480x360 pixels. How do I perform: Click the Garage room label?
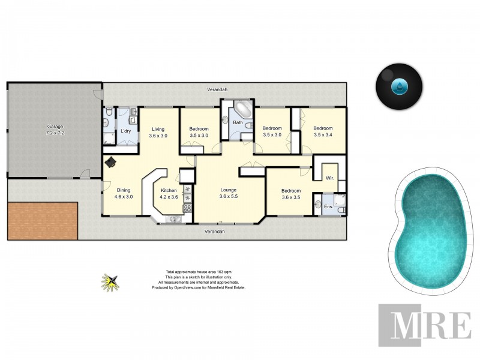click(x=55, y=130)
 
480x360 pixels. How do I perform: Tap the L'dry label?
click(x=126, y=131)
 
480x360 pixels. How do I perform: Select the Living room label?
click(x=158, y=133)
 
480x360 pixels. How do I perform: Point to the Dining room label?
click(x=124, y=193)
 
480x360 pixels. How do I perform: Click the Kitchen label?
click(x=169, y=193)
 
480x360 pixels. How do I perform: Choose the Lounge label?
click(x=229, y=193)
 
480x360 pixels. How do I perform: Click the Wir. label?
click(x=329, y=178)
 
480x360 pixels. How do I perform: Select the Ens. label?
click(x=328, y=207)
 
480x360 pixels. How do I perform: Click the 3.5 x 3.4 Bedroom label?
click(x=323, y=131)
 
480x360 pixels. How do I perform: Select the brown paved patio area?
click(x=43, y=221)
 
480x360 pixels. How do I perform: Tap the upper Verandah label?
click(x=217, y=89)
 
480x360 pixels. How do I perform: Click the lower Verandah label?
click(x=214, y=231)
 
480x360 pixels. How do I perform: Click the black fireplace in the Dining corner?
click(x=111, y=162)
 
